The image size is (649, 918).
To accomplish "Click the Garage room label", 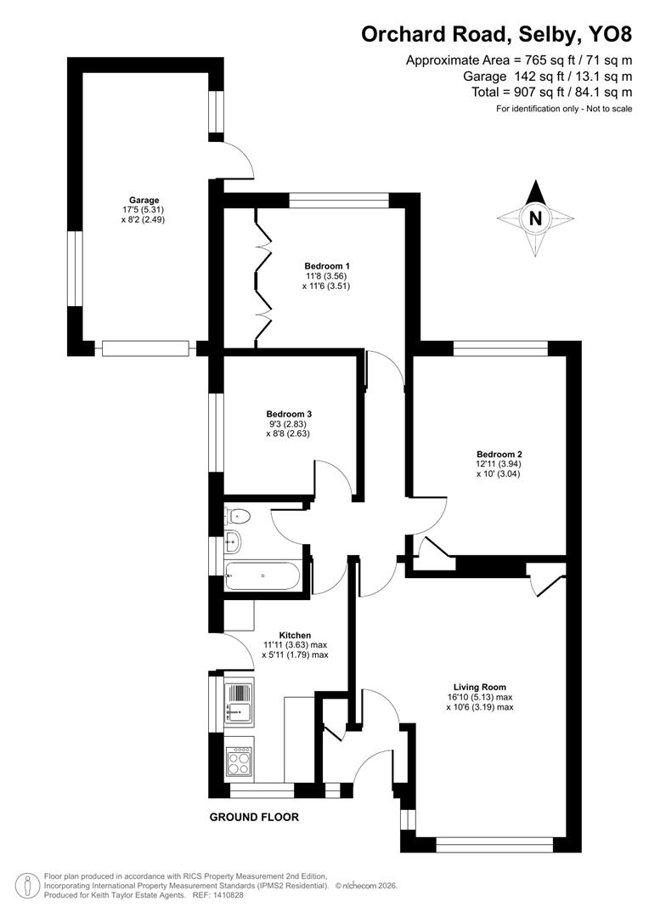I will pos(144,201).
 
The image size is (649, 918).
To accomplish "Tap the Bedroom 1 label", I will pos(326,265).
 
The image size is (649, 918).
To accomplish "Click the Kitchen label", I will pos(295,635).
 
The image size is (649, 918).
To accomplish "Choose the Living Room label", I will pos(480,687).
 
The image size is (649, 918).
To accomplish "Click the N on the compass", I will pos(535,218).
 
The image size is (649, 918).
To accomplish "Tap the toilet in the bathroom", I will pos(237,514).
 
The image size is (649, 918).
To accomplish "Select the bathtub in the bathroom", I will pos(262,576).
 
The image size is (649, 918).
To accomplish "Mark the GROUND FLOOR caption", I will pos(254,818).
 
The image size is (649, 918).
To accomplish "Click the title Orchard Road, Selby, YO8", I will pos(497,34).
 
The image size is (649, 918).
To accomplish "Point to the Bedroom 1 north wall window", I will pos(339,200).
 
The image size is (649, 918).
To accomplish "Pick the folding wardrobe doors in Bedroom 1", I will pos(262,280).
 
